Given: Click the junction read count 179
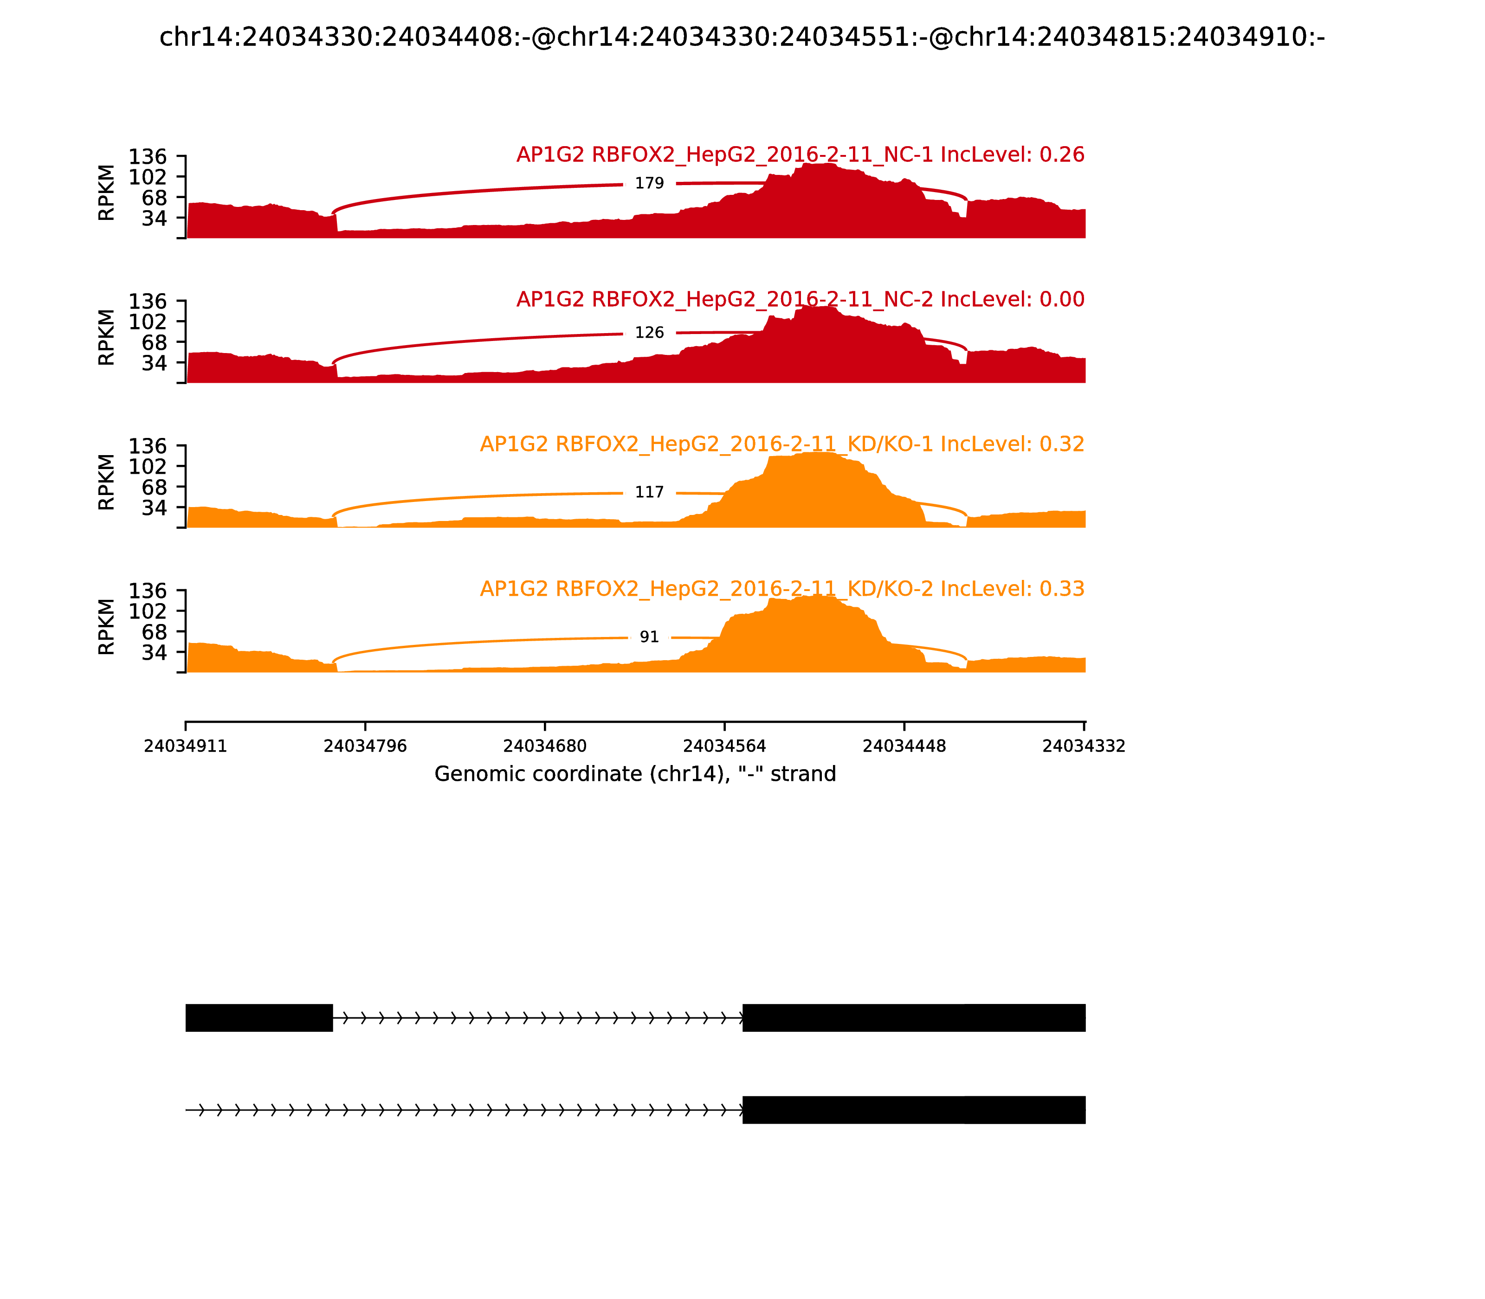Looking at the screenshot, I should (x=649, y=183).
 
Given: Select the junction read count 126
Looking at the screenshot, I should (x=649, y=333).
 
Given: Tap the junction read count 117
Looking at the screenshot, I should (x=649, y=492).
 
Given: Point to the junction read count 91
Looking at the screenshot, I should (x=649, y=637).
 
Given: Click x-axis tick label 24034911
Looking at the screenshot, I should (x=186, y=746).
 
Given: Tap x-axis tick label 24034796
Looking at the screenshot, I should (x=365, y=746).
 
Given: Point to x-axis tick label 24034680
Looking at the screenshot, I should (x=544, y=746).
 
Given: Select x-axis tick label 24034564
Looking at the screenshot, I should (x=724, y=746).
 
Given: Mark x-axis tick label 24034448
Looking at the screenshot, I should (x=904, y=746).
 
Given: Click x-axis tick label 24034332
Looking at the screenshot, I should (x=1083, y=746).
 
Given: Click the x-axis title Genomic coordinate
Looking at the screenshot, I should (x=635, y=774).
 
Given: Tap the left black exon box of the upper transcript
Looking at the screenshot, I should (x=259, y=1018).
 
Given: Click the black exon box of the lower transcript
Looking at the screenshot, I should (x=914, y=1110).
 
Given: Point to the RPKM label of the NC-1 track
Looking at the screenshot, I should (x=106, y=193).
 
